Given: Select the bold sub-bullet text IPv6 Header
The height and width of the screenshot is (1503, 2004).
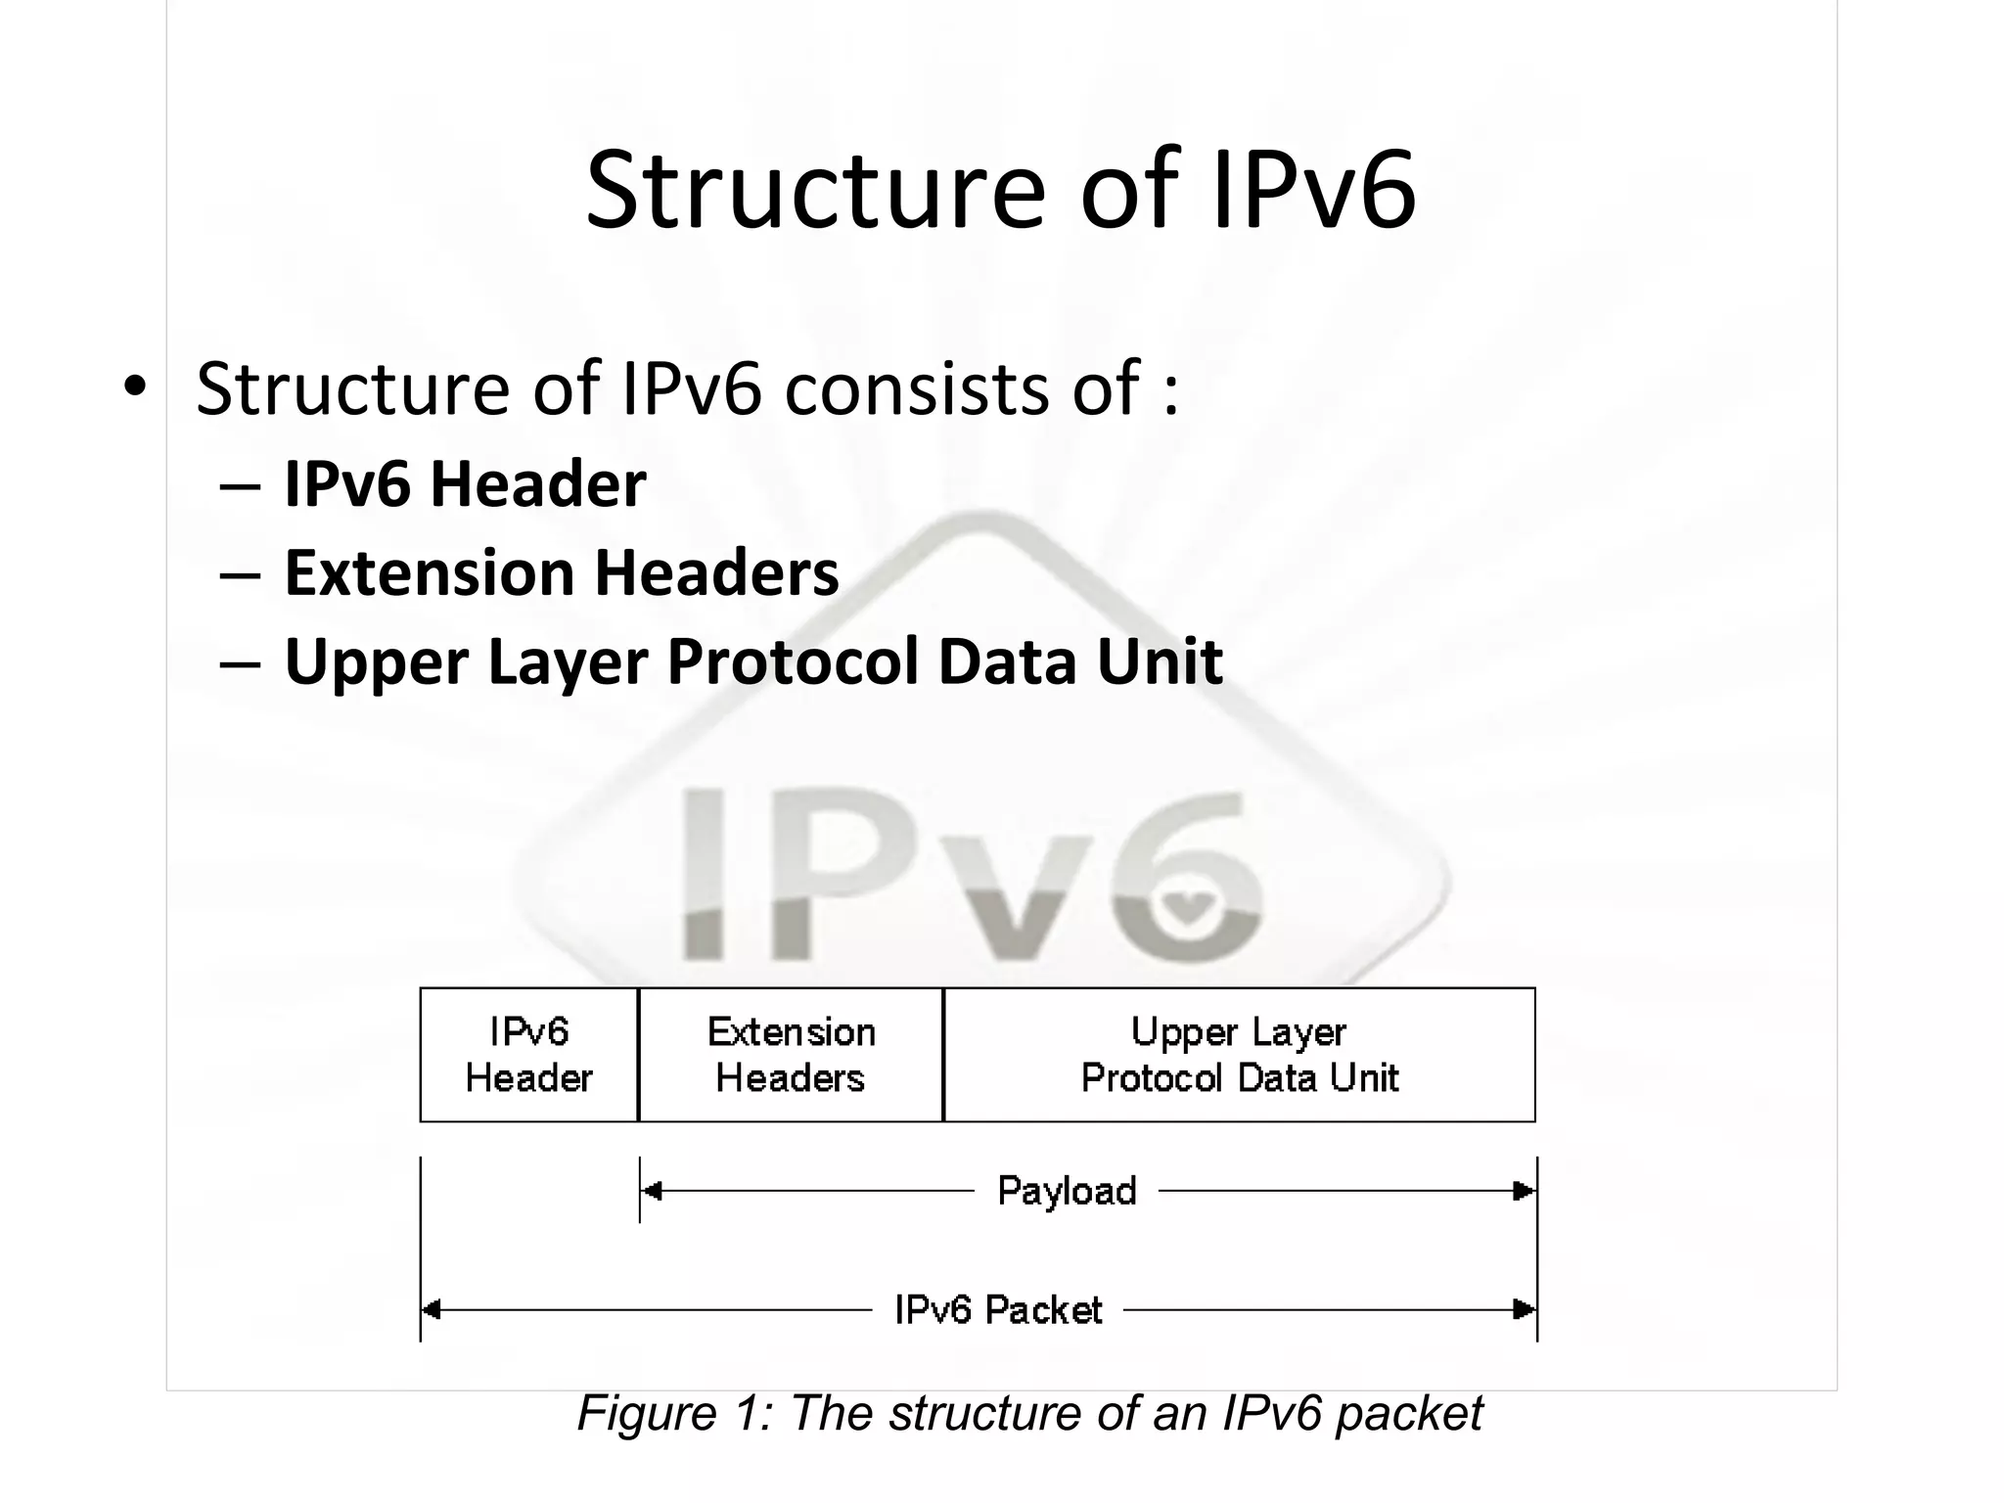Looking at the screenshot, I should pyautogui.click(x=465, y=483).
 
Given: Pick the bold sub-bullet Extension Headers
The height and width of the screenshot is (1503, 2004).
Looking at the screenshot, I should pyautogui.click(x=561, y=572).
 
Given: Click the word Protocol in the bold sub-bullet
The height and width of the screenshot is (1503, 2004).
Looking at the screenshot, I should pyautogui.click(x=792, y=661).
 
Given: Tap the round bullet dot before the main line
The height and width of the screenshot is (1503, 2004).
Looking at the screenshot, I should pyautogui.click(x=135, y=386).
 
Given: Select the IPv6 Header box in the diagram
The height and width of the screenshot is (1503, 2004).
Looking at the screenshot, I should pyautogui.click(x=528, y=1055).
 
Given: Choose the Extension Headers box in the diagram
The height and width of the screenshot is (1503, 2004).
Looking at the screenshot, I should pyautogui.click(x=791, y=1055).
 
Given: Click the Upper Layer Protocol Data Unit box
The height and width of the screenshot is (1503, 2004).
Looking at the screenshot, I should pyautogui.click(x=1239, y=1055).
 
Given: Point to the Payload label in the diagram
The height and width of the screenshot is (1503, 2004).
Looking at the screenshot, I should pyautogui.click(x=1067, y=1191).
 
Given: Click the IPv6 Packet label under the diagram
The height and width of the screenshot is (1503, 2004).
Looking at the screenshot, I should pyautogui.click(x=998, y=1309).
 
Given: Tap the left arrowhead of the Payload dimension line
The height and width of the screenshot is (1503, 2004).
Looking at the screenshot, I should pyautogui.click(x=651, y=1191).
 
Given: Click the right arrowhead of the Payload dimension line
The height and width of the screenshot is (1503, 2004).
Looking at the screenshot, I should pyautogui.click(x=1525, y=1191).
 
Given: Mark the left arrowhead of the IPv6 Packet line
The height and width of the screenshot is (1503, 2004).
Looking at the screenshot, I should pyautogui.click(x=432, y=1309).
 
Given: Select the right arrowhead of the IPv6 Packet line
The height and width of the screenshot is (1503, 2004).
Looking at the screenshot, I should pyautogui.click(x=1525, y=1309).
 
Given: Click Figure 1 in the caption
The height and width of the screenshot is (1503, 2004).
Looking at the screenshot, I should pyautogui.click(x=675, y=1413).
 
